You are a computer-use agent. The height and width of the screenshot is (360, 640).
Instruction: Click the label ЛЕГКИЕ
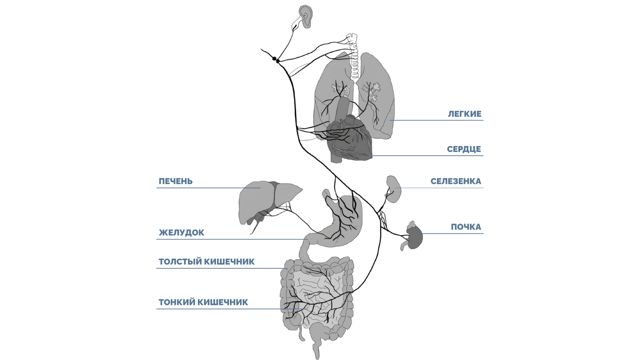(465, 114)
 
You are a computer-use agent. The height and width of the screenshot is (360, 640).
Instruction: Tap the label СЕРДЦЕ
(464, 149)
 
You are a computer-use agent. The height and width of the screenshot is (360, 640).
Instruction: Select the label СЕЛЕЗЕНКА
(455, 181)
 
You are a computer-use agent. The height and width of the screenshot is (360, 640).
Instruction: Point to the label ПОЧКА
(466, 227)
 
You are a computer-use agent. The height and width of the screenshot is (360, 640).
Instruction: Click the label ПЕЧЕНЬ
(175, 181)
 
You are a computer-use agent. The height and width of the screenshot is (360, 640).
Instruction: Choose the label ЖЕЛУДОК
(181, 233)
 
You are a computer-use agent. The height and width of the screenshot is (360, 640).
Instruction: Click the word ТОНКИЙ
(177, 302)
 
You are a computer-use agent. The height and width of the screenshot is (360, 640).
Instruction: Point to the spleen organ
(393, 189)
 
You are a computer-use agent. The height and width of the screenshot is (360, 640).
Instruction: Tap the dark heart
(349, 141)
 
